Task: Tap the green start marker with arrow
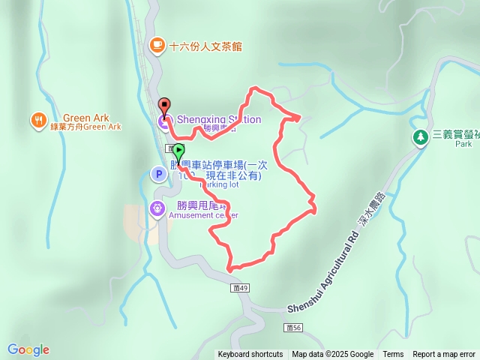(x=178, y=150)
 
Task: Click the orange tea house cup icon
(x=157, y=45)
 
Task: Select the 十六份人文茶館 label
(x=206, y=46)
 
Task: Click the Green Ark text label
(x=86, y=118)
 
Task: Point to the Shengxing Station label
(x=218, y=119)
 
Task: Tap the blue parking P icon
(x=158, y=175)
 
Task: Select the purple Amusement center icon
(x=157, y=208)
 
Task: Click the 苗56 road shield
(x=293, y=328)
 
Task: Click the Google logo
(x=28, y=349)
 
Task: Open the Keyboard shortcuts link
(x=250, y=355)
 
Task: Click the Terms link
(x=393, y=355)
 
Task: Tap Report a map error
(x=444, y=355)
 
